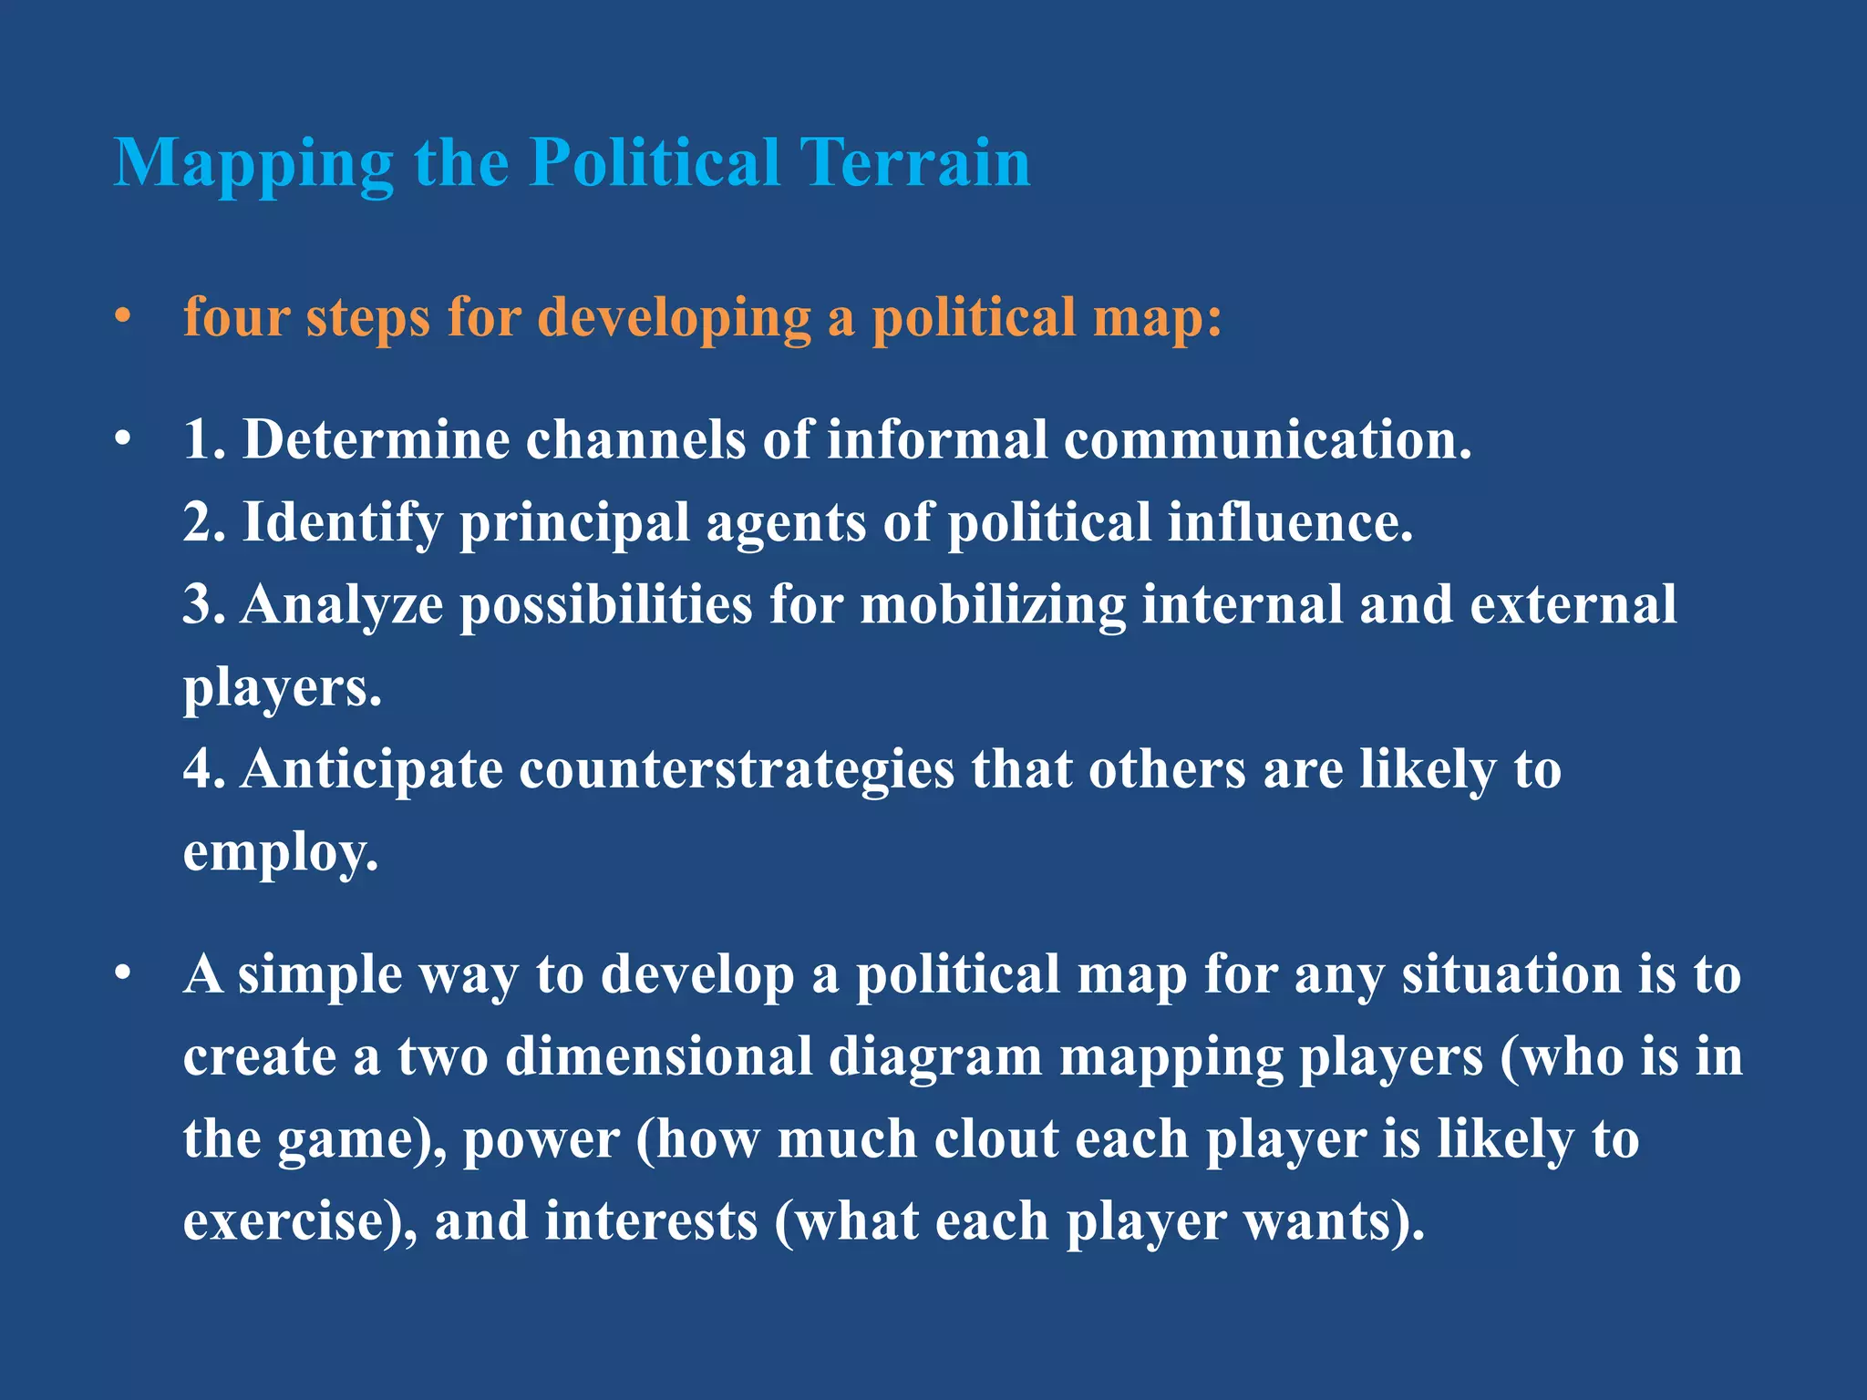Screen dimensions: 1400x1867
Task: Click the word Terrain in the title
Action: (915, 162)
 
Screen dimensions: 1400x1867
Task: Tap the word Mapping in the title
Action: (253, 164)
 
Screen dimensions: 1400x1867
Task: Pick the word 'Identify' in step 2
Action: (343, 523)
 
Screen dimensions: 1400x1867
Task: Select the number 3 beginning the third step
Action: (199, 604)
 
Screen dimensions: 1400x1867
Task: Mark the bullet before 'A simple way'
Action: (123, 974)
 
